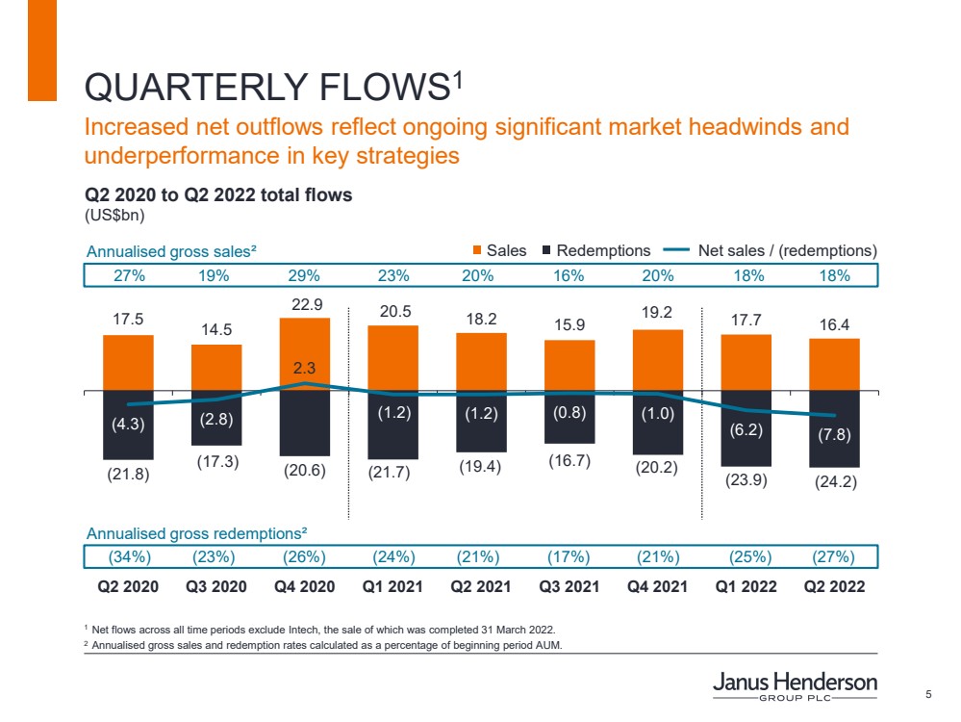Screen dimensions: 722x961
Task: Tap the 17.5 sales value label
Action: pyautogui.click(x=128, y=316)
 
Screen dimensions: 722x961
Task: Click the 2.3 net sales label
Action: pyautogui.click(x=304, y=366)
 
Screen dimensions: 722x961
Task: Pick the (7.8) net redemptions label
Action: pyautogui.click(x=834, y=435)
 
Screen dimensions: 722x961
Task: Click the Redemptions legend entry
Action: pyautogui.click(x=596, y=250)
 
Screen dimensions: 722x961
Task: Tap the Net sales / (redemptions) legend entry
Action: pyautogui.click(x=774, y=250)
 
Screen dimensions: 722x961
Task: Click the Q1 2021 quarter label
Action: pyautogui.click(x=392, y=586)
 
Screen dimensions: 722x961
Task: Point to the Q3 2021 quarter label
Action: pyautogui.click(x=569, y=586)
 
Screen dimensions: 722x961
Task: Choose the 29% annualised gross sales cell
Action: pyautogui.click(x=304, y=275)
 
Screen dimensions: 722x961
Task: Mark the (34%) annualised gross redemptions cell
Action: pyautogui.click(x=128, y=557)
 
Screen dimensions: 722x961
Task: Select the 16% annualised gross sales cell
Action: pyautogui.click(x=569, y=275)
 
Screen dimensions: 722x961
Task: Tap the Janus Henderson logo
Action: pyautogui.click(x=795, y=687)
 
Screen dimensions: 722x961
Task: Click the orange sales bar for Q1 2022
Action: pyautogui.click(x=746, y=362)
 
